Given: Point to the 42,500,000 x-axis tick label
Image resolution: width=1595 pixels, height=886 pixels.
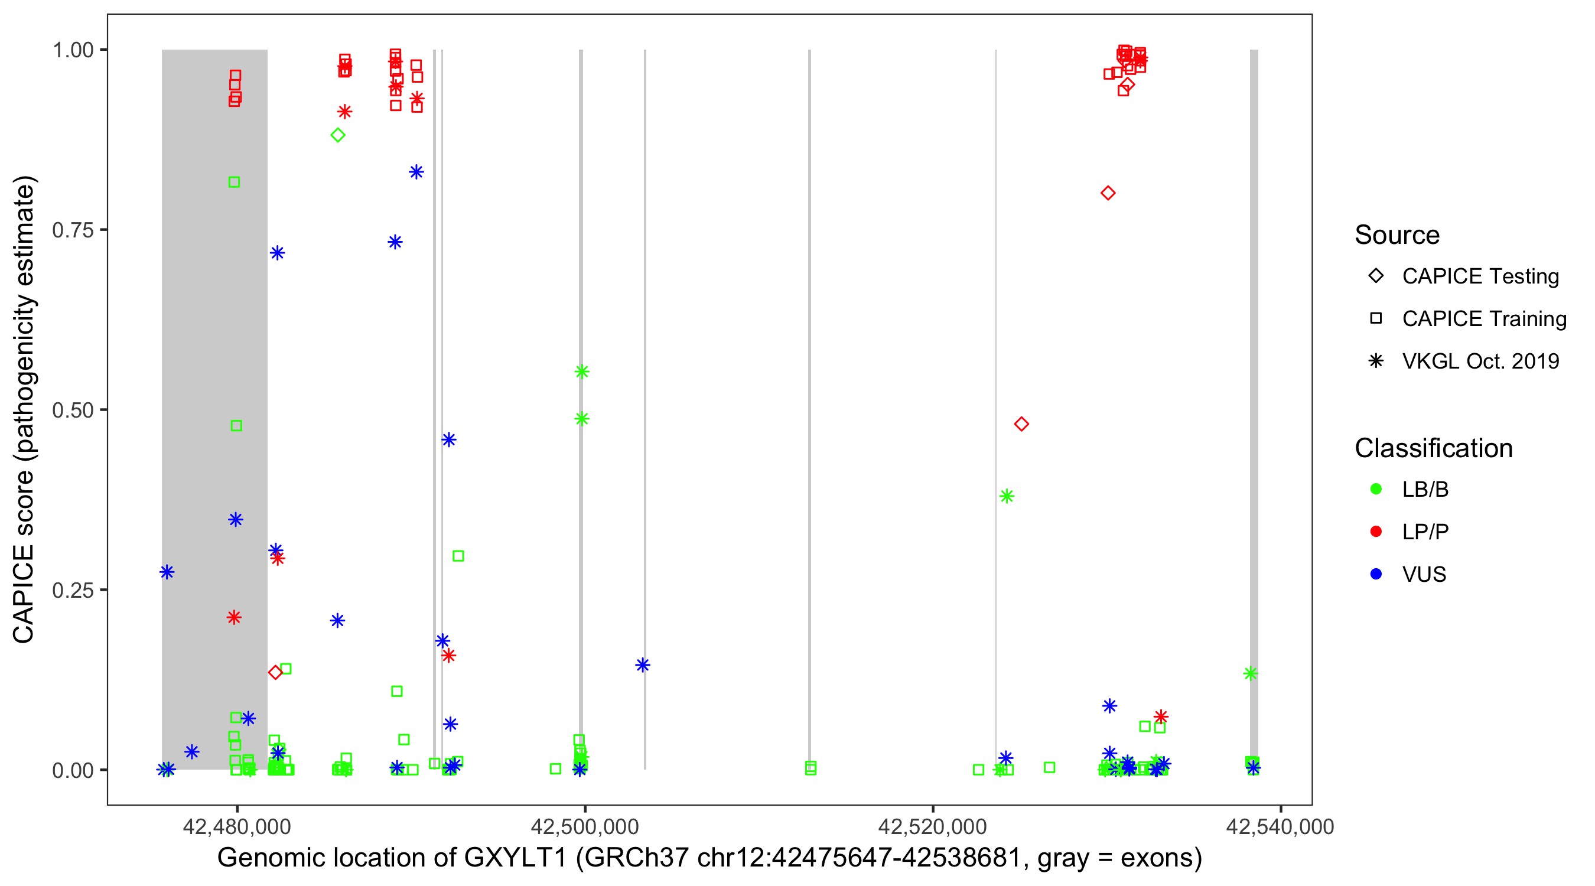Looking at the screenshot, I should click(x=584, y=826).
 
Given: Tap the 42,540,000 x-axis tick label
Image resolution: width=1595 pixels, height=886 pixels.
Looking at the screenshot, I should click(x=1280, y=826).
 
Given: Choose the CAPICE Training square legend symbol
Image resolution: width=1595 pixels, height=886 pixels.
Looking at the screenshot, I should click(x=1376, y=318).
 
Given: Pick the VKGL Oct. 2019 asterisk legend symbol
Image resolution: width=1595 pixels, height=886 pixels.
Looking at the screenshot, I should click(x=1376, y=361).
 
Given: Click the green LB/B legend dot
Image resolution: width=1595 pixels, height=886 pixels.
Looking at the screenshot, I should click(x=1376, y=489).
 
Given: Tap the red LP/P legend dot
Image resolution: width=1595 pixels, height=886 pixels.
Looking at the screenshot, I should click(x=1376, y=532).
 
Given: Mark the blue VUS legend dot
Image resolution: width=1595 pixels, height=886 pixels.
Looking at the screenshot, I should click(x=1376, y=574).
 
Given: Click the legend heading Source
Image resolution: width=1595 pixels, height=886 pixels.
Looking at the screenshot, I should click(x=1397, y=235).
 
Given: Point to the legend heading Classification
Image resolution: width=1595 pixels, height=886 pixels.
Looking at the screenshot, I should click(x=1433, y=448).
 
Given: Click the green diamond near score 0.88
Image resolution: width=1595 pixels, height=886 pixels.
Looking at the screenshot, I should click(x=337, y=135).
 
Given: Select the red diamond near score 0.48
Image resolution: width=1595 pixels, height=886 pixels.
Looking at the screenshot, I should click(x=1021, y=424).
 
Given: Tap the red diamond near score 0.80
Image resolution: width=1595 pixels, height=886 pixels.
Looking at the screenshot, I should click(x=1108, y=193).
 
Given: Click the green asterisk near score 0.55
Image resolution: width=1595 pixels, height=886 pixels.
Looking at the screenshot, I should click(x=582, y=372).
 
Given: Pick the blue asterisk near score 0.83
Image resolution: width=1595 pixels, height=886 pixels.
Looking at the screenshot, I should click(x=416, y=172).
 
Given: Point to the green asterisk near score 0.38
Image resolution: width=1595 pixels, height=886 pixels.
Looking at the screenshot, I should click(x=1007, y=496).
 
